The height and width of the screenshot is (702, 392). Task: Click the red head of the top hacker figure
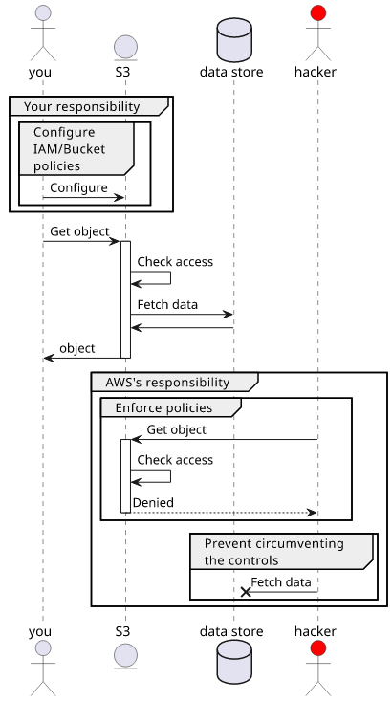click(x=318, y=12)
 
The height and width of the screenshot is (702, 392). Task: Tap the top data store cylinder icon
click(x=234, y=40)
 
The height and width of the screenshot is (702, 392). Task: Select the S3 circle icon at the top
click(x=126, y=47)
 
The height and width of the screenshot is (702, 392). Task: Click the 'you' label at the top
click(x=40, y=72)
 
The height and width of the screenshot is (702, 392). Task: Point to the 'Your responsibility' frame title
click(x=81, y=106)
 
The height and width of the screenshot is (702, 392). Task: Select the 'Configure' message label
click(x=78, y=187)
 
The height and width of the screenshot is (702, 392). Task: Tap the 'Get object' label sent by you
click(x=79, y=231)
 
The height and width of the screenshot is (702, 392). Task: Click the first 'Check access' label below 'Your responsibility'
click(x=175, y=261)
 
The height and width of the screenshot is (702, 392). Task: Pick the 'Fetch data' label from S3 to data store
click(x=167, y=304)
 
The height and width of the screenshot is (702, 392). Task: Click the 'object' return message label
click(x=77, y=348)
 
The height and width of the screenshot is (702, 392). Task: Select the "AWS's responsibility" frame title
click(x=167, y=383)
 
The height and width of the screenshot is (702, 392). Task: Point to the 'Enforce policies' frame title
click(x=163, y=407)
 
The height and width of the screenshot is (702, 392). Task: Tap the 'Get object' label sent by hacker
click(x=177, y=429)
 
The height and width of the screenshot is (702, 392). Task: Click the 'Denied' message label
click(x=153, y=502)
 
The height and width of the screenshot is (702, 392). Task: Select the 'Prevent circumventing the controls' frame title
click(x=274, y=552)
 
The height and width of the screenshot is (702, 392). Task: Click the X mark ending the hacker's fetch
click(x=246, y=592)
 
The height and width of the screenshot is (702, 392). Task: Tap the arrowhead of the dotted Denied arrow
click(x=312, y=513)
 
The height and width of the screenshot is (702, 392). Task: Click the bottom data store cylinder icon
click(x=234, y=662)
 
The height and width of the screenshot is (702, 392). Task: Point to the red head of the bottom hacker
click(x=318, y=647)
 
